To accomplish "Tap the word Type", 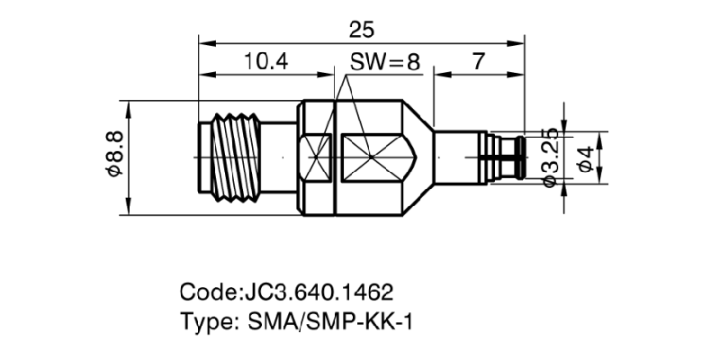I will pos(207,321).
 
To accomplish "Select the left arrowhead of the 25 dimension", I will pos(202,41).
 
